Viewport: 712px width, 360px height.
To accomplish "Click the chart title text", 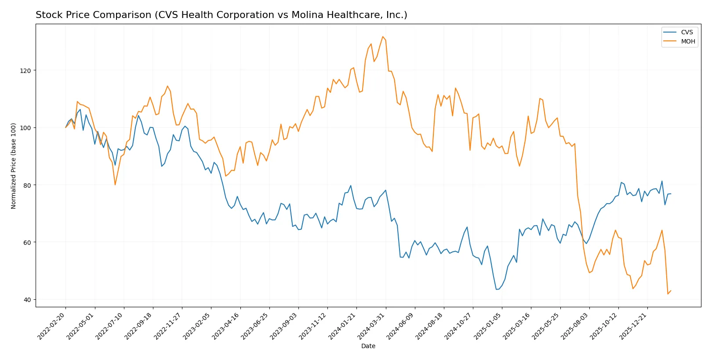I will [221, 15].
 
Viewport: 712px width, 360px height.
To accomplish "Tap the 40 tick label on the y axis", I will [27, 300].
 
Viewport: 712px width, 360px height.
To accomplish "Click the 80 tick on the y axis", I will [27, 185].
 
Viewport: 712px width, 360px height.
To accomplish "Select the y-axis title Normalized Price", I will [14, 166].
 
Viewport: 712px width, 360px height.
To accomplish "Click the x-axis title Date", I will [368, 346].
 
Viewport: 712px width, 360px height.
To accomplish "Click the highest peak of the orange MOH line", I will [383, 36].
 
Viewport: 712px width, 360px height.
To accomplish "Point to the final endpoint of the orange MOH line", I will [671, 291].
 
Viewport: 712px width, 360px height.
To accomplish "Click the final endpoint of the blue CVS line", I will [671, 194].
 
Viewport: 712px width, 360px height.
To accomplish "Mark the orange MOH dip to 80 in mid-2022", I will [115, 185].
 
